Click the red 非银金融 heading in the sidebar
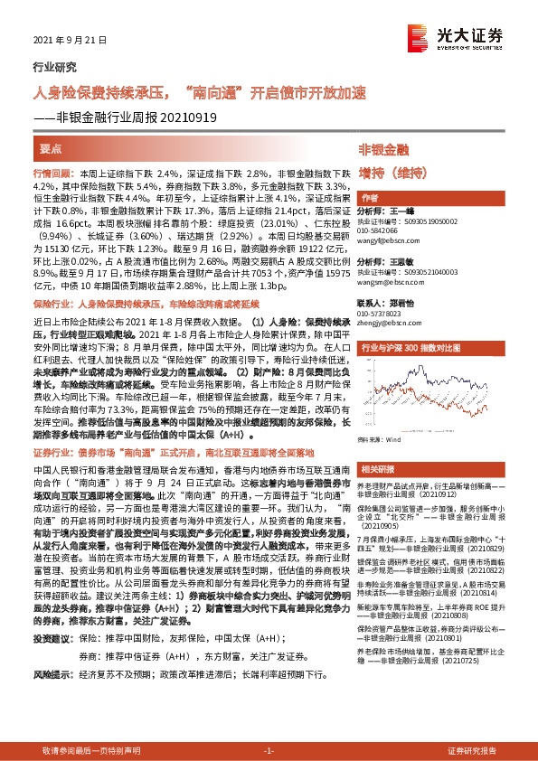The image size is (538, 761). click(383, 148)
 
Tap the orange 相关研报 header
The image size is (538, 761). click(378, 470)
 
